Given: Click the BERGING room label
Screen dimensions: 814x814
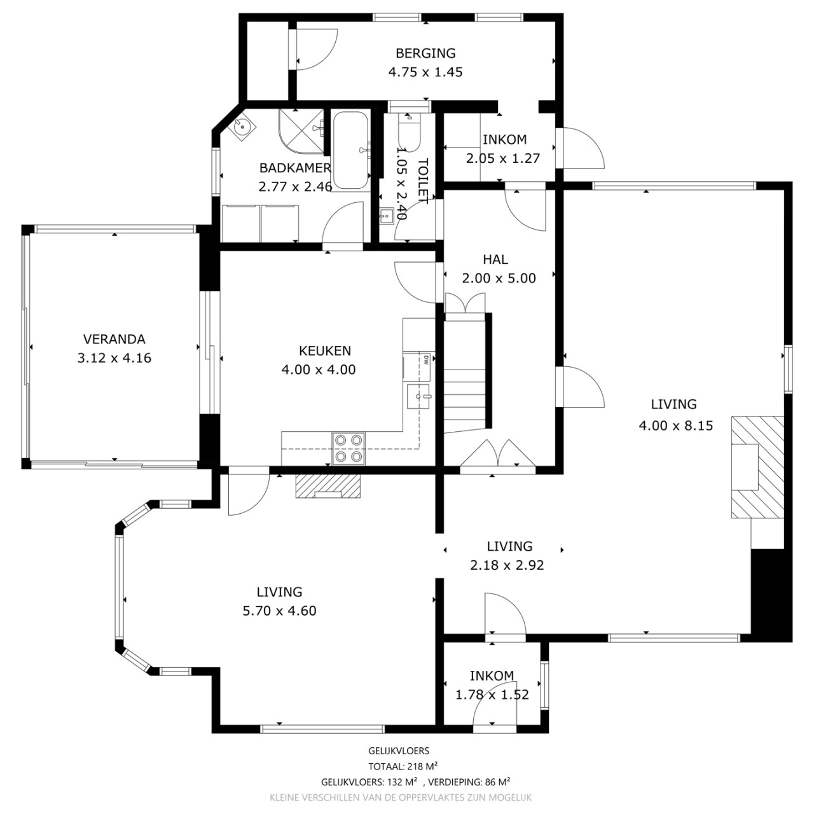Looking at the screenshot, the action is tap(425, 53).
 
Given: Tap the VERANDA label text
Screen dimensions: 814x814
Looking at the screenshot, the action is tap(114, 339).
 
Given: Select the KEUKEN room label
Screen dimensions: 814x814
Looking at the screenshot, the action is tap(325, 350).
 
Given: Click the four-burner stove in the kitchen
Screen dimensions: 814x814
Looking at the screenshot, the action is tap(348, 448).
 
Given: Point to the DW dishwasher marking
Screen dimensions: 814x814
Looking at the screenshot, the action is tap(426, 360).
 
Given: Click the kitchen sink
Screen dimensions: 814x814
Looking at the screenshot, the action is tap(418, 396).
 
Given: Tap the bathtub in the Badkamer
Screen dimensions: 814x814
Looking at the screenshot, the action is tap(350, 150).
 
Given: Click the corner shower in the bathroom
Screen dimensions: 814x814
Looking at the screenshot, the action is tap(301, 131).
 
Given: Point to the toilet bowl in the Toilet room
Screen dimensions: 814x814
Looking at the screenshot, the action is tap(409, 130).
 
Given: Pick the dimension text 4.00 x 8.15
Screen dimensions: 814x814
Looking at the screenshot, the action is tap(676, 425).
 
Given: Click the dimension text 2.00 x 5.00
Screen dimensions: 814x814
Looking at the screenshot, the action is tap(499, 278).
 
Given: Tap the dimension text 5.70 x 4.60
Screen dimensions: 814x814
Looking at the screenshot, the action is tap(279, 610).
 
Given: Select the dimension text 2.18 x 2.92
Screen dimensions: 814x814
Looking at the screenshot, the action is tap(507, 565).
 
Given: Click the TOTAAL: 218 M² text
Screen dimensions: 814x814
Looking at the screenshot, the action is tap(403, 766).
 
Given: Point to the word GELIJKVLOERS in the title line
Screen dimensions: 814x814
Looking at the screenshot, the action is tap(399, 750).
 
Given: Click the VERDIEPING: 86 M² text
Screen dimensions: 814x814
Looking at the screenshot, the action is tap(469, 782).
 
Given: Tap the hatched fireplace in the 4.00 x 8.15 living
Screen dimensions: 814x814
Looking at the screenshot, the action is tap(757, 467).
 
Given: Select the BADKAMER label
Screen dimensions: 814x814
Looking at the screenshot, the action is tap(295, 168).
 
